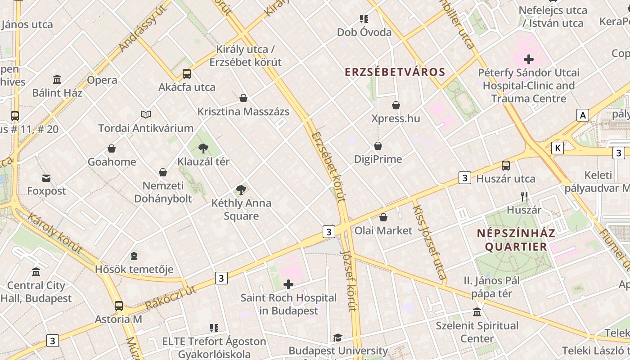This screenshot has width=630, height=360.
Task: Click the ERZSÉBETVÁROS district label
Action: [x=395, y=72]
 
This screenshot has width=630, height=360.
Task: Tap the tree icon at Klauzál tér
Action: [x=203, y=148]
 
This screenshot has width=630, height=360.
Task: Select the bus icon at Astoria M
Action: [x=119, y=306]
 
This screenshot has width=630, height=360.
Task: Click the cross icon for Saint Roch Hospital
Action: [x=288, y=284]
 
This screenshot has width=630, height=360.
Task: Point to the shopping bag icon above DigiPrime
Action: [x=378, y=146]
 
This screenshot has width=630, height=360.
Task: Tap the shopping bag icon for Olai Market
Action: [x=383, y=217]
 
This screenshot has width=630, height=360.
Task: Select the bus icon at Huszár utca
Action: [x=506, y=166]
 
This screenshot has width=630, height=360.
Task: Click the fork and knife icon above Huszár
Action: [x=524, y=197]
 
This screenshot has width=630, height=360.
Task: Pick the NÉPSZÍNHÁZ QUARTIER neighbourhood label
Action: [x=516, y=240]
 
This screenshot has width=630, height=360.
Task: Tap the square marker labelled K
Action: [x=558, y=148]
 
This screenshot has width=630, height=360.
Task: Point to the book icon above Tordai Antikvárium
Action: [x=146, y=115]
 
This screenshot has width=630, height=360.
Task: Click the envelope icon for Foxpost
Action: [x=46, y=178]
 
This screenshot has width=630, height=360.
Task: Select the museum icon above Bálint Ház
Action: [x=57, y=80]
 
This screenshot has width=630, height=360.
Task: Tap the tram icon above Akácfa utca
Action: [x=186, y=74]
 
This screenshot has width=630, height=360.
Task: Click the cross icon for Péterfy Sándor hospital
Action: [x=529, y=59]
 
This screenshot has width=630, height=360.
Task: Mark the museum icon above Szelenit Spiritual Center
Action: [x=477, y=312]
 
